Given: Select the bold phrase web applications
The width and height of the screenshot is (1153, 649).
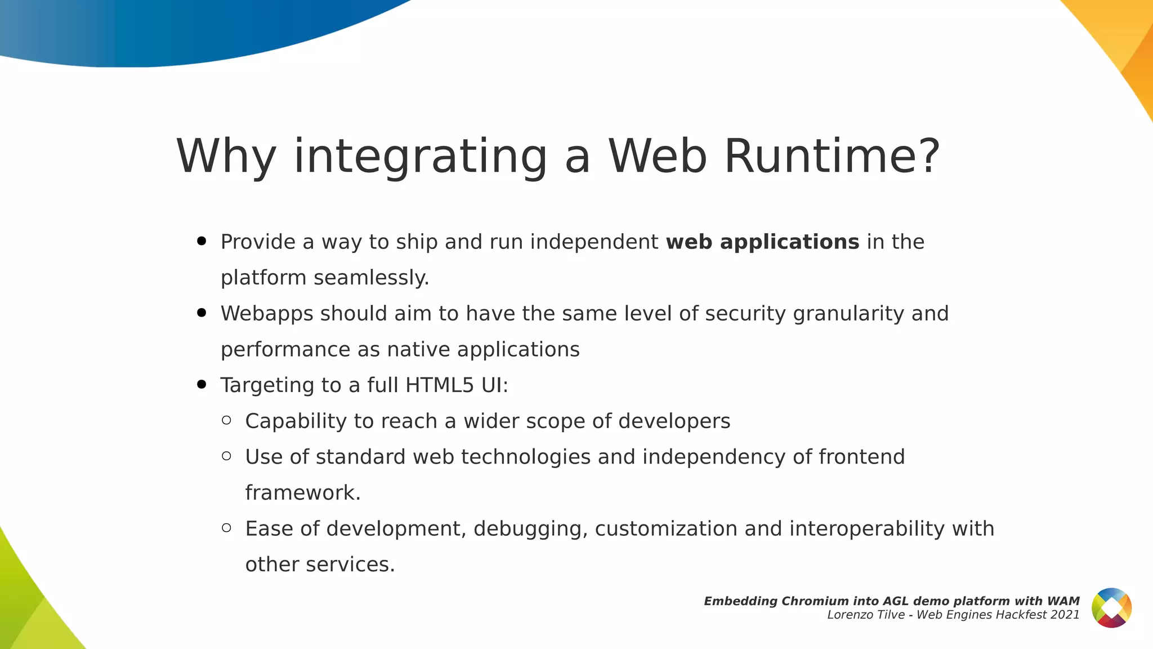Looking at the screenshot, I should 762,242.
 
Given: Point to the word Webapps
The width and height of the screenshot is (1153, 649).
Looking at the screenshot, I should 266,314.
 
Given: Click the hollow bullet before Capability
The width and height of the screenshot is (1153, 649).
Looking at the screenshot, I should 227,420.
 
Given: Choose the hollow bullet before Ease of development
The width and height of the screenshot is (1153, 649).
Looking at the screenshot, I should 227,528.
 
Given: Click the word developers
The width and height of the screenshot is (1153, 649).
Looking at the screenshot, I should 674,421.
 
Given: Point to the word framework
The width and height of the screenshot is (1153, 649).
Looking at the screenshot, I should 302,493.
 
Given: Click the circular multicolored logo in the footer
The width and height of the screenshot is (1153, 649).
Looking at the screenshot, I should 1111,607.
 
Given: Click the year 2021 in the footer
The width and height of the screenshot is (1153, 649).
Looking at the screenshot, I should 1065,615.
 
